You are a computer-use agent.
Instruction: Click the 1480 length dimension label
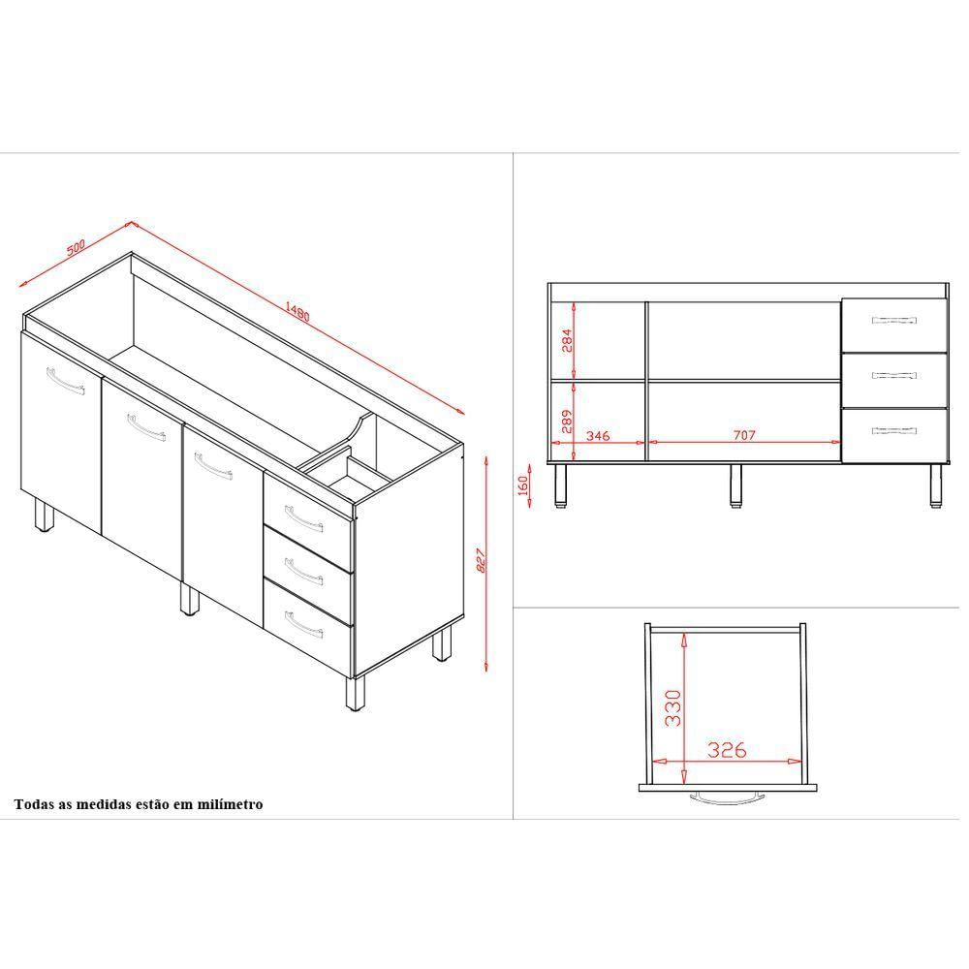point(297,311)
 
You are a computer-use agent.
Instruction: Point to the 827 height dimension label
point(482,560)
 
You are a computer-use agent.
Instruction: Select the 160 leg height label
point(523,485)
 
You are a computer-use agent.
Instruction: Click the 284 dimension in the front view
point(567,340)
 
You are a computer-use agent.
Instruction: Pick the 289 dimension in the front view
point(567,422)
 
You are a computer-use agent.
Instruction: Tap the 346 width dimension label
point(598,436)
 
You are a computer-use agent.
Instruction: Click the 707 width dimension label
point(744,435)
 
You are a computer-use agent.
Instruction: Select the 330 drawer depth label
point(672,708)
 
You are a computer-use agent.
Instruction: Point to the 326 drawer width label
point(727,750)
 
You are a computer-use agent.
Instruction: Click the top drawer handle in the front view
point(893,320)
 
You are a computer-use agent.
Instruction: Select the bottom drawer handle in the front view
point(893,431)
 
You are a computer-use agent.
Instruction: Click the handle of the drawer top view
point(727,797)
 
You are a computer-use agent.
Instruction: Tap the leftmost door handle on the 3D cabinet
point(66,381)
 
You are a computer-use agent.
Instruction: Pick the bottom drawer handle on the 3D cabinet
point(304,624)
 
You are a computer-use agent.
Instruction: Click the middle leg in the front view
point(735,486)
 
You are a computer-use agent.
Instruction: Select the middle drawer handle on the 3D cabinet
point(304,571)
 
